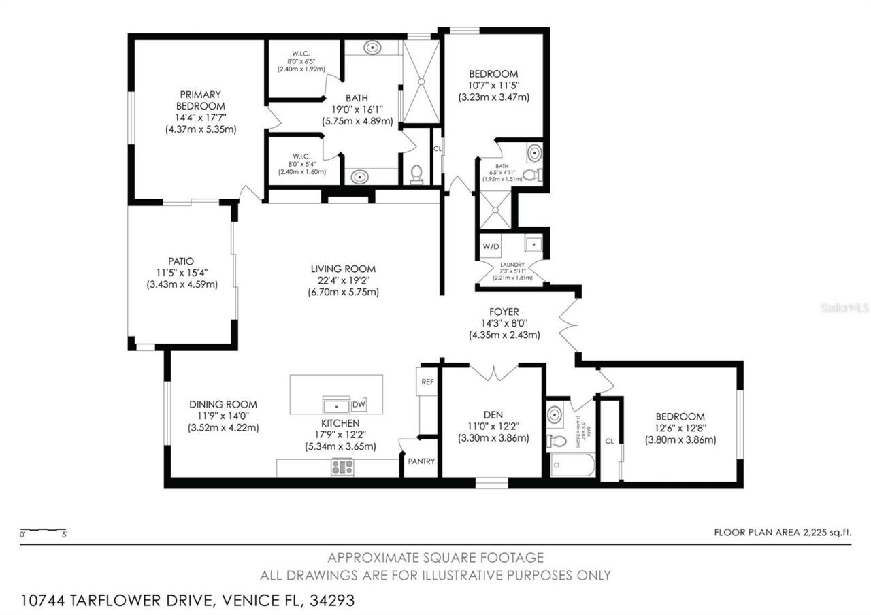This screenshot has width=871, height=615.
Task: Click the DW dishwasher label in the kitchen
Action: tap(359, 405)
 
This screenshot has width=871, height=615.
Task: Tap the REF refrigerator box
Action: tap(427, 382)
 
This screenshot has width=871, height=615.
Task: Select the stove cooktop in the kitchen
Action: tap(342, 467)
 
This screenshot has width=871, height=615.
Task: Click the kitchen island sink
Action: tap(336, 405)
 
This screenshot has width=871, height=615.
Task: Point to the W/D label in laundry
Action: tap(491, 245)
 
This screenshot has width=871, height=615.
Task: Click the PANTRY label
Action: tap(421, 461)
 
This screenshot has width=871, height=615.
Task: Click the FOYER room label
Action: tap(504, 312)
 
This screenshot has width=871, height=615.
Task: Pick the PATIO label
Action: tap(181, 261)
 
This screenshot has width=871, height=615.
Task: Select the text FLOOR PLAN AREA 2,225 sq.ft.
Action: tap(783, 532)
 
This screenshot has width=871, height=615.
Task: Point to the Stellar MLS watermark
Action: tap(844, 308)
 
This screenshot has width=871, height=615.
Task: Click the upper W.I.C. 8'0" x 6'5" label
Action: tap(301, 61)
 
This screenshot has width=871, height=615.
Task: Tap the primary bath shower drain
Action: tap(421, 81)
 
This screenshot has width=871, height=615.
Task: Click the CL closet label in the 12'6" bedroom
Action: tap(609, 441)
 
